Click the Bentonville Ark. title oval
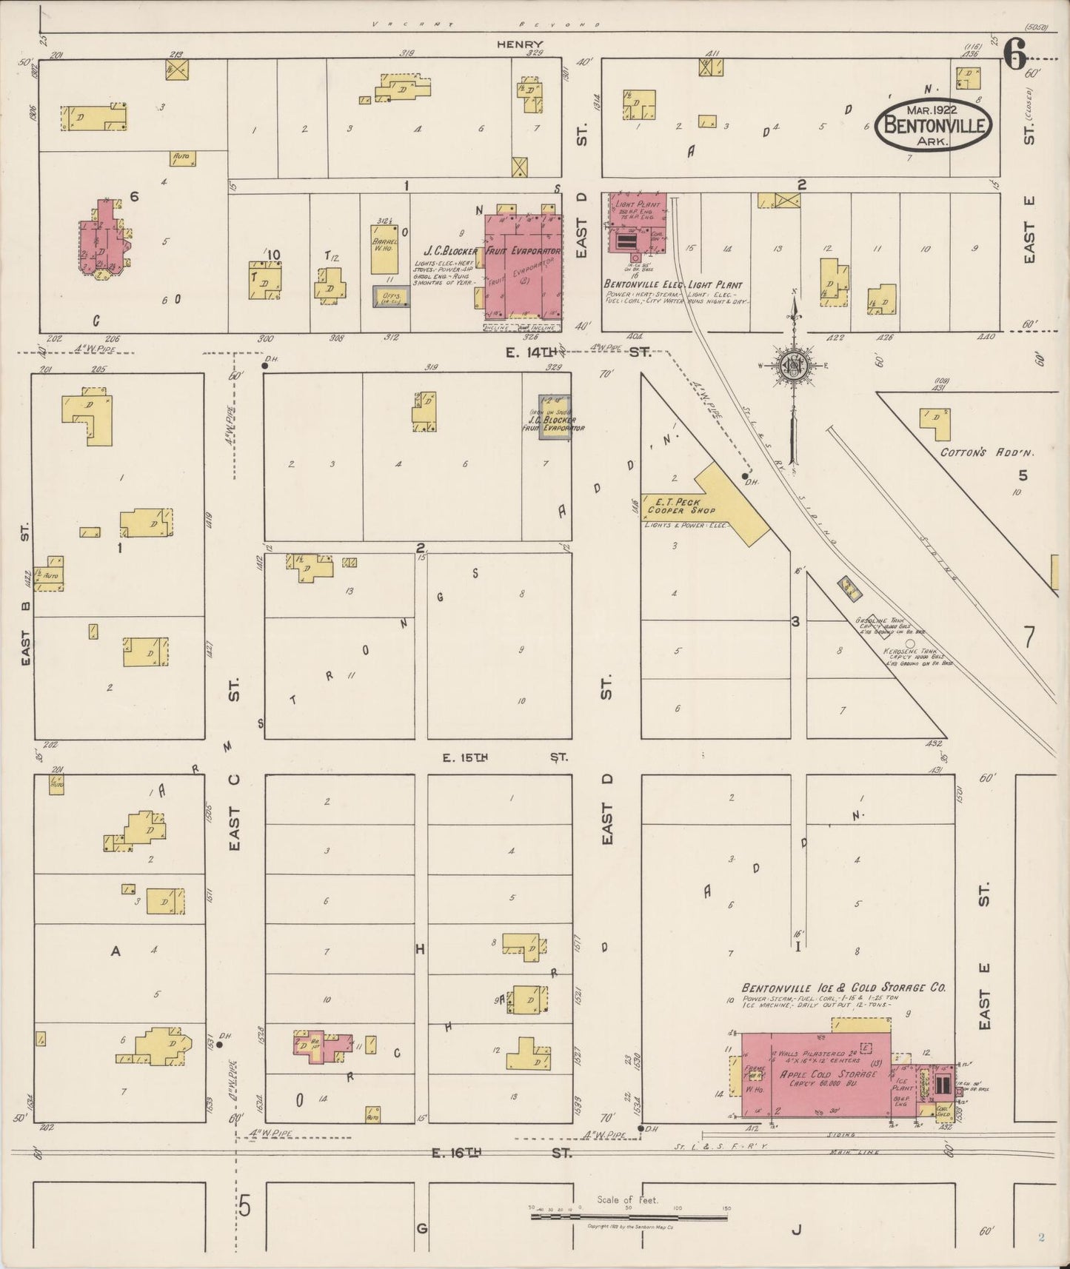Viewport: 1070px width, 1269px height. click(x=933, y=124)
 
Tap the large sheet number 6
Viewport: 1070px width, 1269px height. click(x=1015, y=53)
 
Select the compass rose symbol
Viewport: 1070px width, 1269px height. click(x=792, y=365)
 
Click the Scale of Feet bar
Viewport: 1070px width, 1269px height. click(x=629, y=1216)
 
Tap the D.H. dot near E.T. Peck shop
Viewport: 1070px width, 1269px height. click(x=744, y=475)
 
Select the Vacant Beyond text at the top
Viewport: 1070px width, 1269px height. click(x=486, y=24)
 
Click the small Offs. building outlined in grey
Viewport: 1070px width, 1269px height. click(x=390, y=298)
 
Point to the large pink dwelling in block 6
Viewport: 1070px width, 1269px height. click(x=103, y=241)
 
